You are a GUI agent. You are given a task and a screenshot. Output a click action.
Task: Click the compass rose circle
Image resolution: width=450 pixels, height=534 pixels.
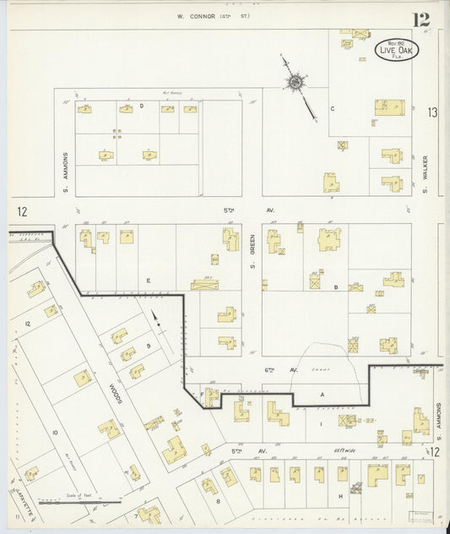click(x=295, y=82)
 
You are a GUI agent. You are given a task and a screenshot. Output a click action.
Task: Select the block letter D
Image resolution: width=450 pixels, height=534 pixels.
click(x=142, y=106)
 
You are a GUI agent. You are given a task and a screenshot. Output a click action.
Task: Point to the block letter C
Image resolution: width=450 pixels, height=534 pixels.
click(x=332, y=109)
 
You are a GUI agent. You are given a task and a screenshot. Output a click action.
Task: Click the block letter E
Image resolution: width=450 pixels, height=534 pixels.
click(x=148, y=280)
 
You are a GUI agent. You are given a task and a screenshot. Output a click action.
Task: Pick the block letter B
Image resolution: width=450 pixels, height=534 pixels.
click(x=335, y=287)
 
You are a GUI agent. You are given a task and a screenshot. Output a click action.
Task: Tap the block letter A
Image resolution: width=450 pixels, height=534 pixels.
click(x=321, y=395)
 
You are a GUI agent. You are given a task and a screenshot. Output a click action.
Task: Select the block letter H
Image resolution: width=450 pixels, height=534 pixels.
click(x=340, y=495)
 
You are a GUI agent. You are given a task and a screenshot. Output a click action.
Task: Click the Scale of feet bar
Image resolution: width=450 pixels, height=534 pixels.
click(x=80, y=502)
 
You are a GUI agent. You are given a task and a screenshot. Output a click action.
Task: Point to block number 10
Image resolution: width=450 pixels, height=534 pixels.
click(x=55, y=433)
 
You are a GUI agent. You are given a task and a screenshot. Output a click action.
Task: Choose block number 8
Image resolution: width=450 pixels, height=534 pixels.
click(x=217, y=501)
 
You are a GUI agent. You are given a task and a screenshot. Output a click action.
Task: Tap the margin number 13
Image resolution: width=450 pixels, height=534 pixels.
click(x=432, y=112)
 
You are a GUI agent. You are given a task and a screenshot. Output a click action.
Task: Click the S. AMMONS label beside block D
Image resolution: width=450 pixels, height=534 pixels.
click(x=64, y=167)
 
